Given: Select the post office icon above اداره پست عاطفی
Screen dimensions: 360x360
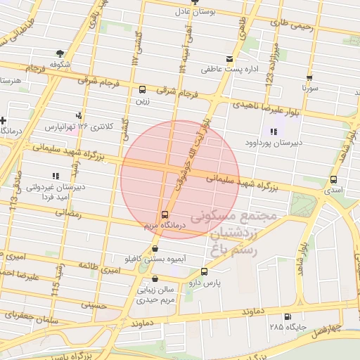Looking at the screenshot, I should [229, 59].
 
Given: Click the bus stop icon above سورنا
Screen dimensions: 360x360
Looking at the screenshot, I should [309, 78].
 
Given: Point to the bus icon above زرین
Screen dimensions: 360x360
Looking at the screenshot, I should [143, 90].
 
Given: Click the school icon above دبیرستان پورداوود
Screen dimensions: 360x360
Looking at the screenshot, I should [274, 131].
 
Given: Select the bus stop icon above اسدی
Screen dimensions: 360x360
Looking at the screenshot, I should [333, 179].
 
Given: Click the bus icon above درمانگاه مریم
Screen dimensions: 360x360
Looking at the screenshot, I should [165, 214].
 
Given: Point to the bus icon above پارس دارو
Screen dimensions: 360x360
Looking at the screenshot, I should [205, 271].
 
